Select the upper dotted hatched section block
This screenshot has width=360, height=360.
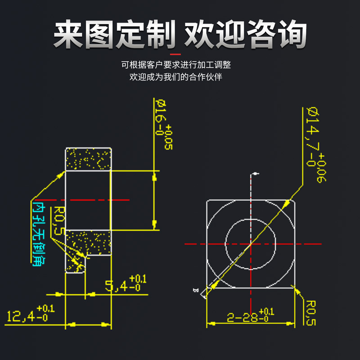[x=88, y=159]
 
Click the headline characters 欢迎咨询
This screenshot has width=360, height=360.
[x=246, y=33]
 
